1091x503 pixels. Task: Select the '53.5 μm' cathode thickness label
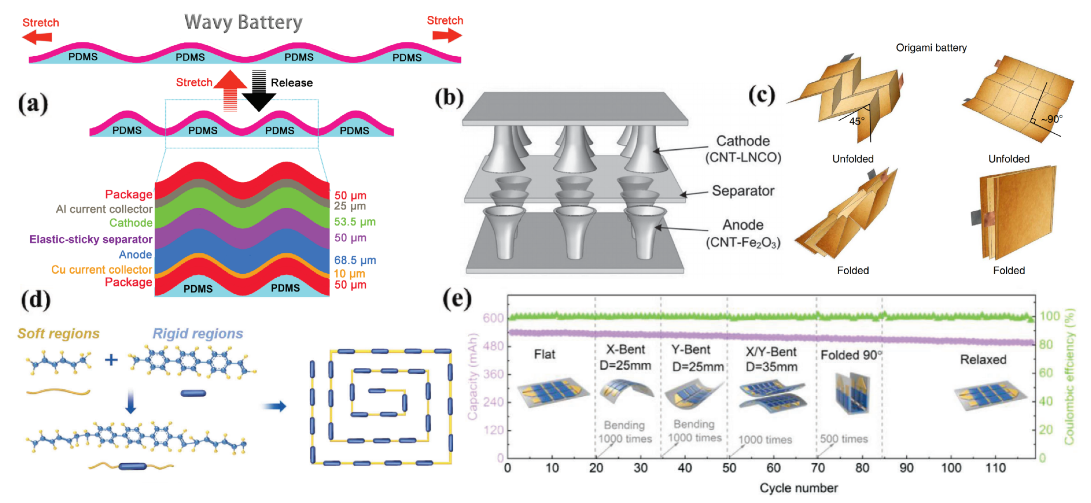point(354,221)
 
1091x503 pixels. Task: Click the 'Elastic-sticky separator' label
point(91,239)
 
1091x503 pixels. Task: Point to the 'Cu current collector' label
point(101,269)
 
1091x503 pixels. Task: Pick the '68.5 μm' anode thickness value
point(354,260)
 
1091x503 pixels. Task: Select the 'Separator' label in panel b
point(743,191)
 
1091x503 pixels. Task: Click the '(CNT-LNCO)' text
point(743,158)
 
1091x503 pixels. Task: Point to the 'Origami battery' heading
point(931,48)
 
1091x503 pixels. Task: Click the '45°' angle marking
point(856,121)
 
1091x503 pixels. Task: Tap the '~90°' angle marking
point(1052,119)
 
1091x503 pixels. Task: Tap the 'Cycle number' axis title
point(798,488)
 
